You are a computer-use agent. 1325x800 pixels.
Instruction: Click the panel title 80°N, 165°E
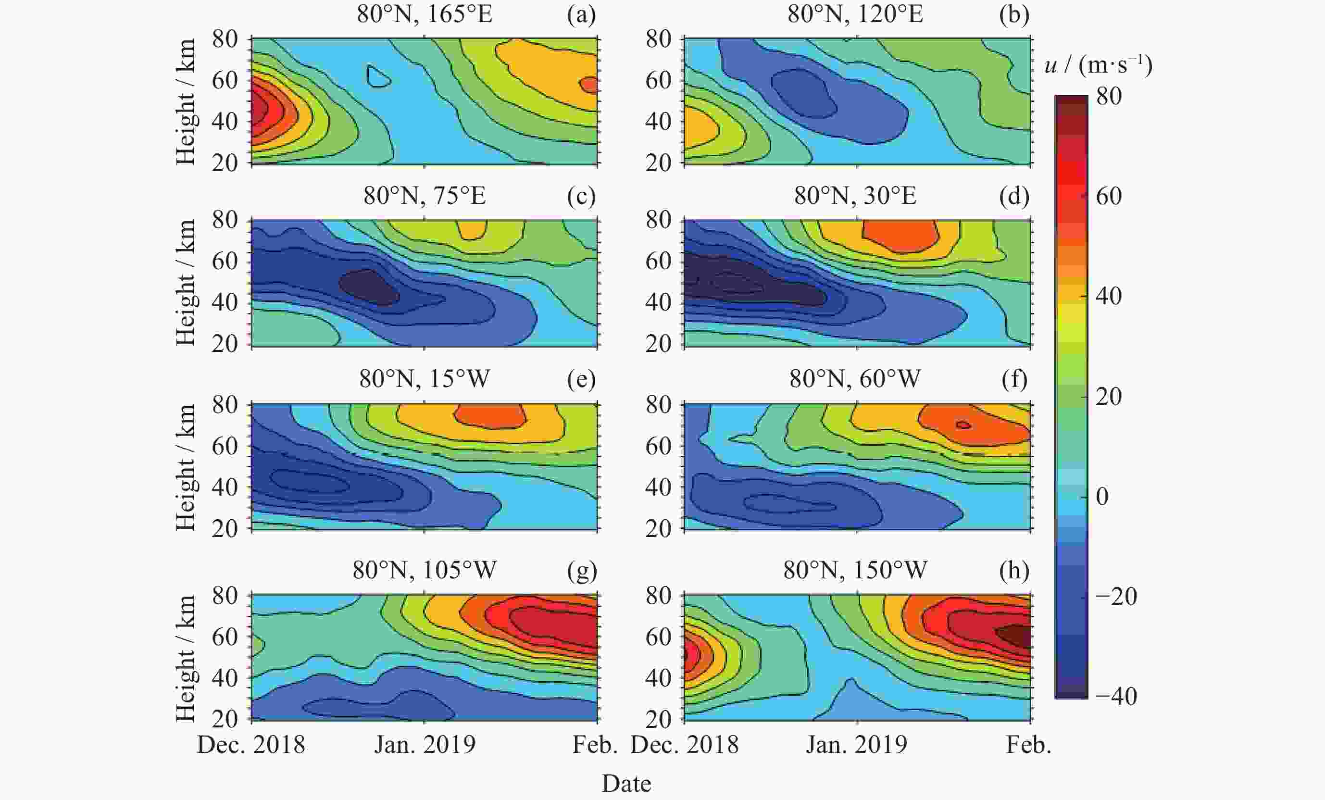coord(425,14)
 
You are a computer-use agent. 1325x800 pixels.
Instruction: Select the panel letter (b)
coord(1013,14)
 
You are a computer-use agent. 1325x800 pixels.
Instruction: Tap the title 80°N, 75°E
coord(425,195)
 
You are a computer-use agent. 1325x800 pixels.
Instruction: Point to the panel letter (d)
coord(1013,195)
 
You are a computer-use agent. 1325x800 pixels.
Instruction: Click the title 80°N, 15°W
coord(425,379)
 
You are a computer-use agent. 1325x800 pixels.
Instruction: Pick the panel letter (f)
coord(1013,379)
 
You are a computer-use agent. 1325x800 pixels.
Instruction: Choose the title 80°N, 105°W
coord(425,570)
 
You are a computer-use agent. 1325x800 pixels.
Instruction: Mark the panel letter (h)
coord(1013,570)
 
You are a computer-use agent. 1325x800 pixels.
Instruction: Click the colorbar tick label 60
coord(1109,196)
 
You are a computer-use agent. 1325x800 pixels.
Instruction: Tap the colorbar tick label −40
coord(1115,696)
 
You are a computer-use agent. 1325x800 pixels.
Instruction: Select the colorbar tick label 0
coord(1102,496)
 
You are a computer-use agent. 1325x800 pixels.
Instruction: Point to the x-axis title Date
coord(626,783)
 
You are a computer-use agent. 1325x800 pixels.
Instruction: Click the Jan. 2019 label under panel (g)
coord(425,745)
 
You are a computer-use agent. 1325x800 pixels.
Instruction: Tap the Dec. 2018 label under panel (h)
coord(684,745)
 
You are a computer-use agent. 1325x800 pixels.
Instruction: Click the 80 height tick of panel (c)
coord(224,220)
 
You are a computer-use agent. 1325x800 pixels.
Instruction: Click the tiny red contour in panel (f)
coord(963,425)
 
